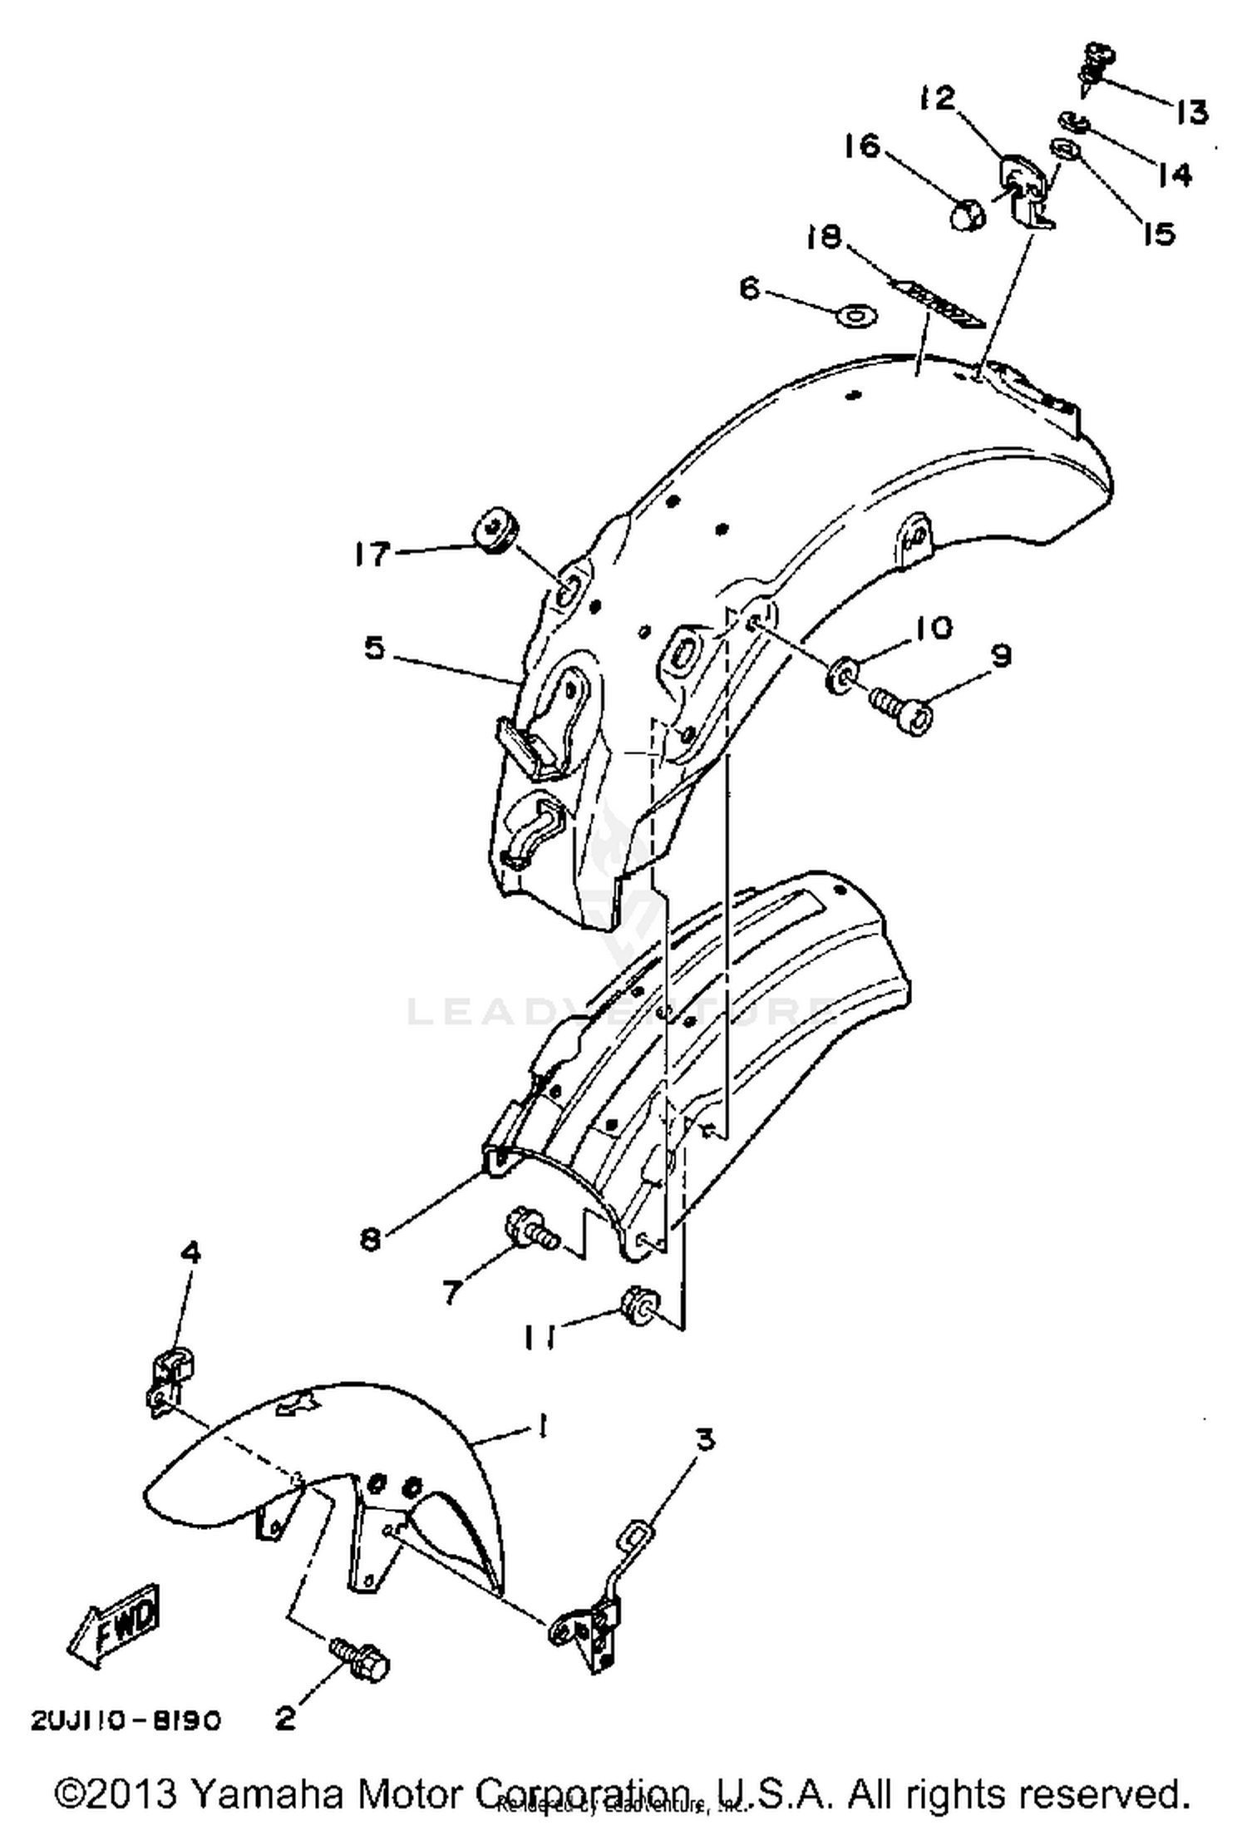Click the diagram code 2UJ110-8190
coord(126,1720)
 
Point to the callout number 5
coord(375,649)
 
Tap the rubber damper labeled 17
coord(496,533)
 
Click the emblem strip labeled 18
coord(938,304)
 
